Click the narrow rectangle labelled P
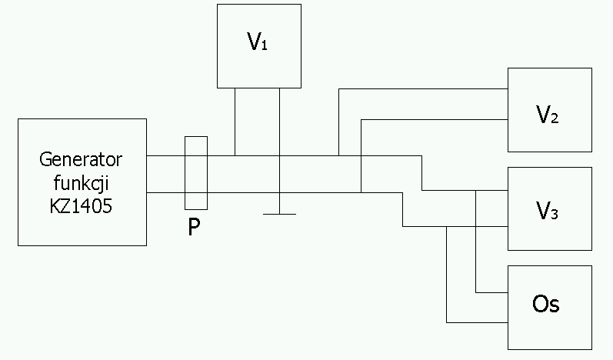196,172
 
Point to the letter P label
195,228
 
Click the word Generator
82,161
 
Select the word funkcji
82,182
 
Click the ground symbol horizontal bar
279,214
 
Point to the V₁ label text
258,43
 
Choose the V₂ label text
548,115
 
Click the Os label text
546,305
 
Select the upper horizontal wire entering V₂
423,89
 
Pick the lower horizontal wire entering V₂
435,119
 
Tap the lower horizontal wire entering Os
477,322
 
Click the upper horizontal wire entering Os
492,292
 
